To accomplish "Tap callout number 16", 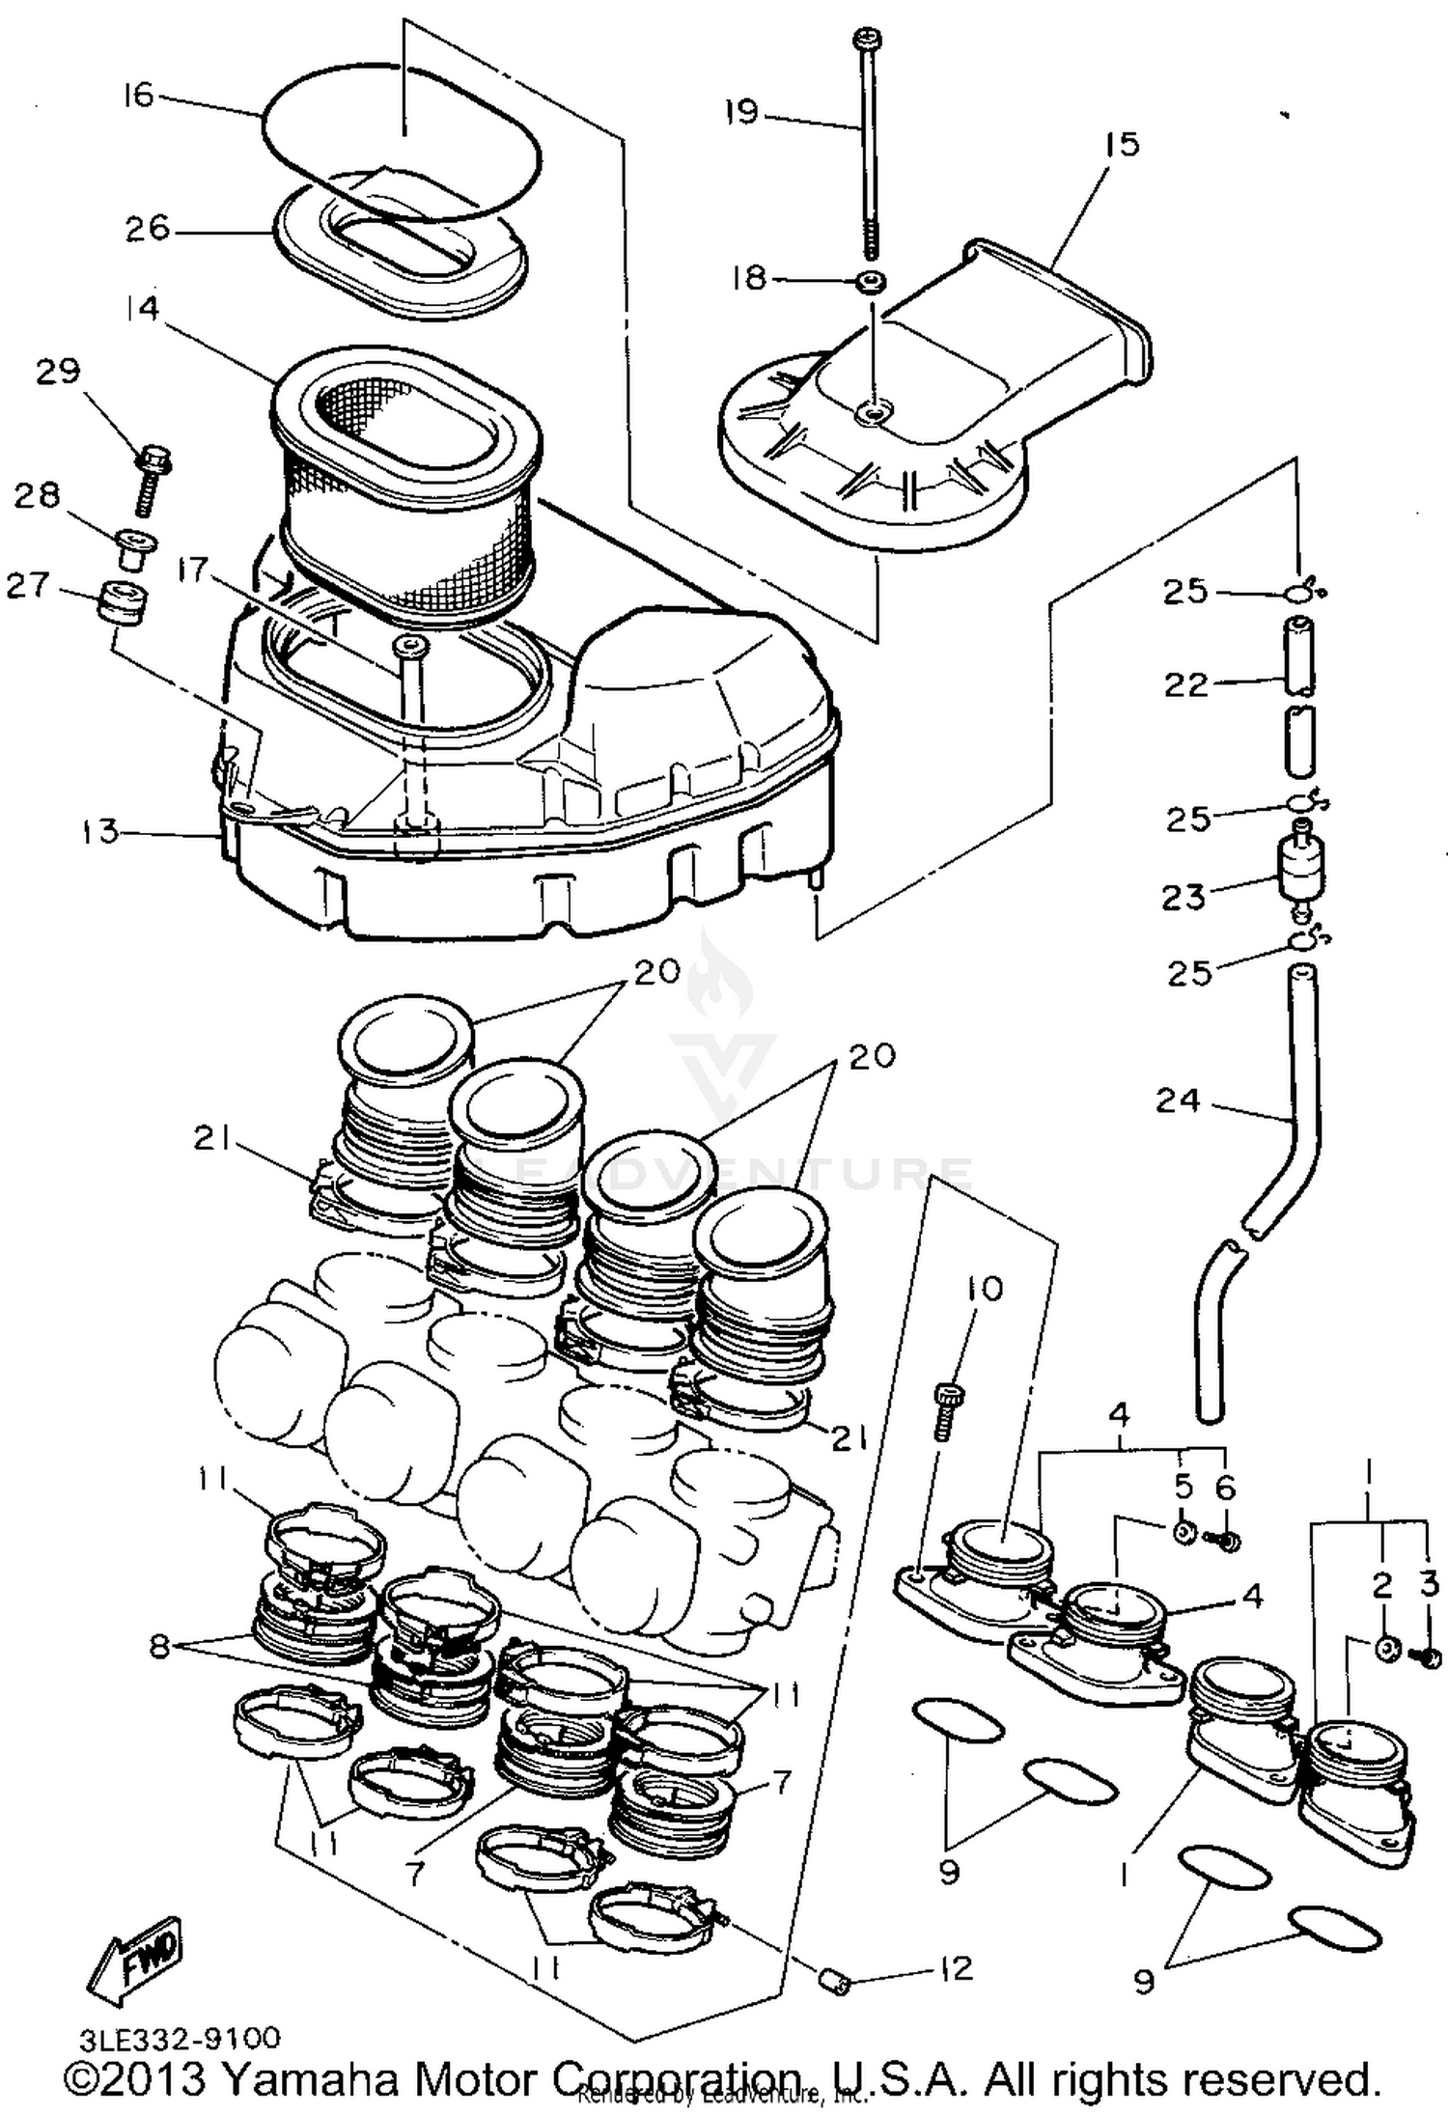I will tap(138, 95).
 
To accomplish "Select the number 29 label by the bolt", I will tap(58, 371).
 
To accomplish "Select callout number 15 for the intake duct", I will tap(1123, 144).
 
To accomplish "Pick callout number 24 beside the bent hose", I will tap(1177, 1099).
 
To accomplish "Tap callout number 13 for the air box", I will tap(99, 831).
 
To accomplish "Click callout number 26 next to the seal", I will tap(147, 229).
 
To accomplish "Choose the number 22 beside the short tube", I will tap(1185, 684).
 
